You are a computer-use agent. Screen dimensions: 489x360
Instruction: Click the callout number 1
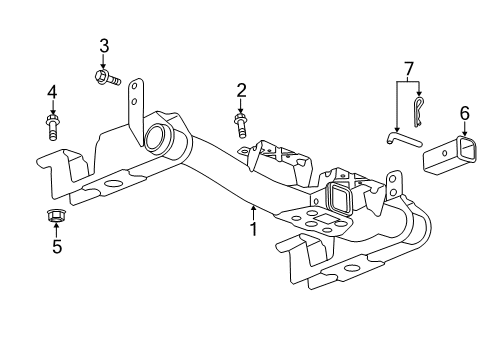coord(254,229)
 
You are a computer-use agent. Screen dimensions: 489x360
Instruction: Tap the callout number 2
coord(241,91)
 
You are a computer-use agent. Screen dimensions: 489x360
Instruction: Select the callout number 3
coord(104,46)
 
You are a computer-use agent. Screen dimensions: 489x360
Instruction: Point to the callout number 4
coord(52,92)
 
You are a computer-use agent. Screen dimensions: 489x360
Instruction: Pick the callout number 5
coord(57,247)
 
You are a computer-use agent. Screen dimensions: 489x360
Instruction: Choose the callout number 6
coord(465,113)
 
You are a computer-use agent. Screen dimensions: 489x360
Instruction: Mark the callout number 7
coord(409,69)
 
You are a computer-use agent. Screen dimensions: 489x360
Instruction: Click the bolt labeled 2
coord(241,125)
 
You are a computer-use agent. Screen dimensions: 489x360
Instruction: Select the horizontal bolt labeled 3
coord(107,77)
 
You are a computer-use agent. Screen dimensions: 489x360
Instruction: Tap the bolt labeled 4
coord(51,127)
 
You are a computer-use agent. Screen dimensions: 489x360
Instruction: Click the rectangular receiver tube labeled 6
coord(449,155)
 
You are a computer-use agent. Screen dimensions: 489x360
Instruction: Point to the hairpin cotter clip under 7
coord(418,112)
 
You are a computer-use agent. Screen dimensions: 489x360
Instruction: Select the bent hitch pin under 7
coord(404,139)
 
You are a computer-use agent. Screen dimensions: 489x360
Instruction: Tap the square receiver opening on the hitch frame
coord(338,197)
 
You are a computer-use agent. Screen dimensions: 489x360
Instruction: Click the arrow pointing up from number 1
coord(254,213)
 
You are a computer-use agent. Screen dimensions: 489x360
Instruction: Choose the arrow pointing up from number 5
coord(56,231)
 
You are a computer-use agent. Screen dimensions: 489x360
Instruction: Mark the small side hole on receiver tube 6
coord(444,153)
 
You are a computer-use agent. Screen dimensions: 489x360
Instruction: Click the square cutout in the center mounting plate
coord(322,219)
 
